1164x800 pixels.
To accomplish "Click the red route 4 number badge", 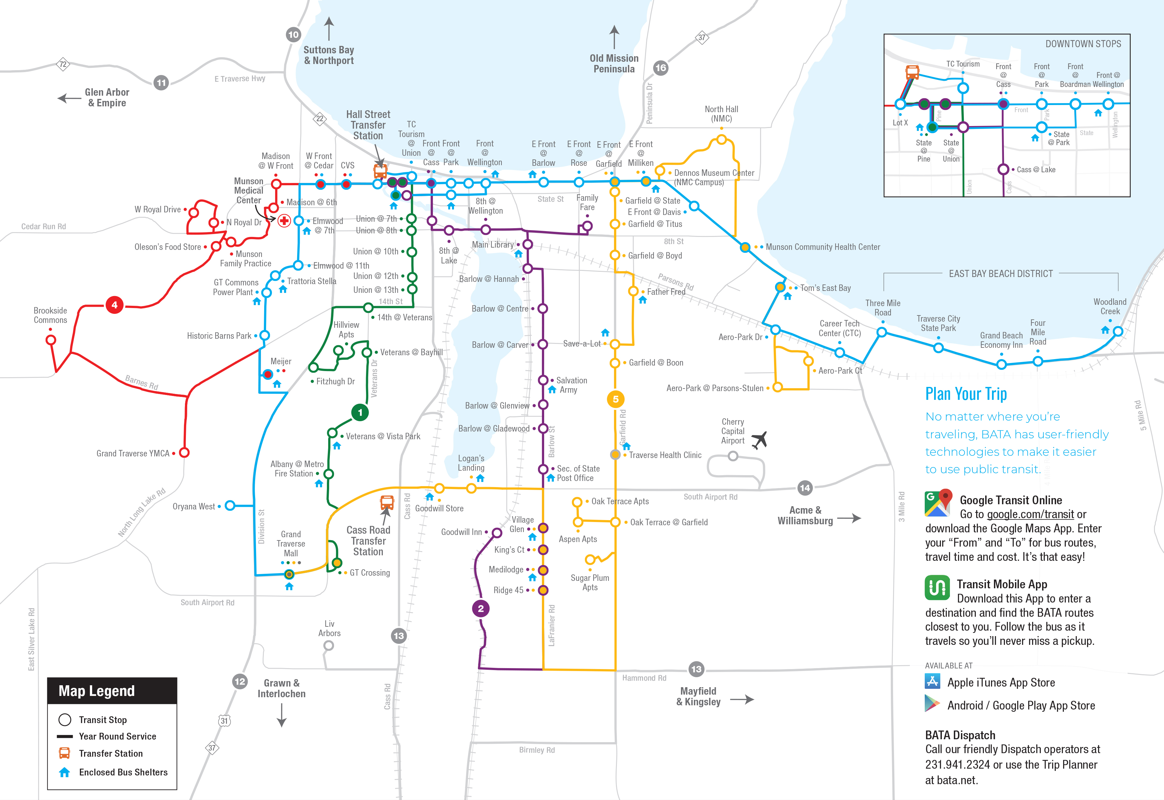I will coord(114,305).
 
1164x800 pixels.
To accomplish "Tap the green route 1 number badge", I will coord(360,412).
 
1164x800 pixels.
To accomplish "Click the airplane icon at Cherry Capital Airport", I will coord(760,440).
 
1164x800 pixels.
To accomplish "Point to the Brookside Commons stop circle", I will coord(51,340).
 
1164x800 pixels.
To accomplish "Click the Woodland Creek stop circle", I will coord(1118,331).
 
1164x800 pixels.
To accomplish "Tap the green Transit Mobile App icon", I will coord(937,587).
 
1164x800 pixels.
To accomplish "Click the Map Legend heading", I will coord(97,691).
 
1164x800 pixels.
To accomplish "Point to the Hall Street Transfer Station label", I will coord(368,125).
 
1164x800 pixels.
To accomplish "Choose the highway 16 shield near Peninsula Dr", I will coord(661,68).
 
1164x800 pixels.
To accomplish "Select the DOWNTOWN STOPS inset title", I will coord(1083,44).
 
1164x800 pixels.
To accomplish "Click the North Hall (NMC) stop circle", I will coord(721,139).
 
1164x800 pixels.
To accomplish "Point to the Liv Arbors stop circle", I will coord(329,645).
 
